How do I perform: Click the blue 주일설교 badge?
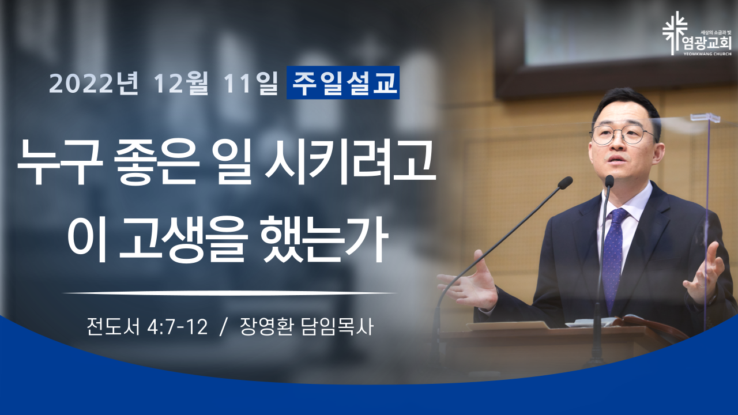(x=343, y=82)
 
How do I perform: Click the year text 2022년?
(x=93, y=83)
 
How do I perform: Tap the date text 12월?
(x=180, y=83)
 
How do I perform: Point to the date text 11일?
(x=251, y=83)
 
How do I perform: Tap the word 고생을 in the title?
(x=183, y=239)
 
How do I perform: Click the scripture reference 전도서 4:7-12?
(x=147, y=327)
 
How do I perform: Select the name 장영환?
(x=266, y=327)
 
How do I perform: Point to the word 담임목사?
(x=337, y=327)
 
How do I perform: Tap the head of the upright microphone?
(x=609, y=181)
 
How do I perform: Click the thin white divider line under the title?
(x=229, y=292)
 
